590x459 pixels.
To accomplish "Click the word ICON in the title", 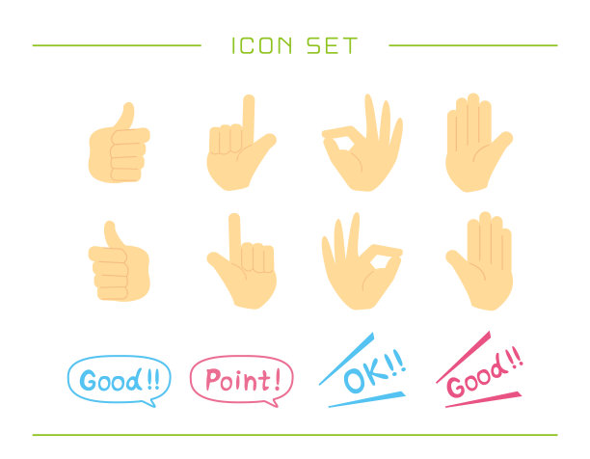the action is [262, 45].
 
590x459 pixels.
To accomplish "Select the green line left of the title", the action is [117, 45].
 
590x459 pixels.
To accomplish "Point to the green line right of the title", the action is [473, 45].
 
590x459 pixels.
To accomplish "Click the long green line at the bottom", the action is [295, 435].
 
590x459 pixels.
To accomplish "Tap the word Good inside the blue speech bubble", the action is [111, 380].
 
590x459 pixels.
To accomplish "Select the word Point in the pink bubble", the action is [238, 380].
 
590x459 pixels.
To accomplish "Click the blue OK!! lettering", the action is [375, 371].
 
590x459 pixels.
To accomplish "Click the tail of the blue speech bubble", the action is [149, 403].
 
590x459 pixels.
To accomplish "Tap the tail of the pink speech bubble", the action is [273, 403].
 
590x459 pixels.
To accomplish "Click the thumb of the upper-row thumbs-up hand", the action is [125, 116].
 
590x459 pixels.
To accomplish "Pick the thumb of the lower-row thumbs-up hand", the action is [113, 234].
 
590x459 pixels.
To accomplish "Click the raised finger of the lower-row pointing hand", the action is [235, 238].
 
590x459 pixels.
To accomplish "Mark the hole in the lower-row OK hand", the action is [380, 262].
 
